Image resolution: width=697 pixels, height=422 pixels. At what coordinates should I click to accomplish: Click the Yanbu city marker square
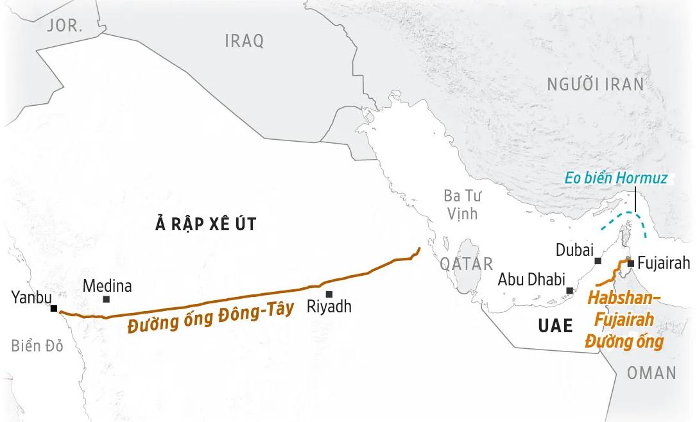coord(54,308)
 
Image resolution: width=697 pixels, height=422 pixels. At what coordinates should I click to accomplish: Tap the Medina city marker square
coord(106,299)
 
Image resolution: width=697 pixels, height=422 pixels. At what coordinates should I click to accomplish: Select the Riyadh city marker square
coord(329,294)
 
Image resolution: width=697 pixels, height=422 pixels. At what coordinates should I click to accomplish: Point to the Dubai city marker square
coord(598,260)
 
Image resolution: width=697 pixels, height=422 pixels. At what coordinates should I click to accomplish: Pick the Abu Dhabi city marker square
coord(569,291)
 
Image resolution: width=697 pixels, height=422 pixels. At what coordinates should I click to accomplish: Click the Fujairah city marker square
coord(631,263)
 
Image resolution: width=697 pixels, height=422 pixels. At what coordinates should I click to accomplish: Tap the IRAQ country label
coord(244,41)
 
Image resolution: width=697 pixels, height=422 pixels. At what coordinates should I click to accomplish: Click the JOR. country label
coord(65,26)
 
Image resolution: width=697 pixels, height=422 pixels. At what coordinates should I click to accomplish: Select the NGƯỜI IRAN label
coord(595,84)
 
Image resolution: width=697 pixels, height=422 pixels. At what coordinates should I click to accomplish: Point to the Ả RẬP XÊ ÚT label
coord(206,223)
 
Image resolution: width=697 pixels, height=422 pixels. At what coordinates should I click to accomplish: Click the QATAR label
coord(467,263)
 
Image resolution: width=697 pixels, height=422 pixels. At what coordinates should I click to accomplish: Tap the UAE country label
coord(555,326)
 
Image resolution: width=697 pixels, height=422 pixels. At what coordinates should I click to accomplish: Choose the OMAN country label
coord(651,373)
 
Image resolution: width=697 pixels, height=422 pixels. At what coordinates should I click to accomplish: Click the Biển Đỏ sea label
coord(37,346)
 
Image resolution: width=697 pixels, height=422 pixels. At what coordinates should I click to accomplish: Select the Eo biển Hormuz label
coord(616,178)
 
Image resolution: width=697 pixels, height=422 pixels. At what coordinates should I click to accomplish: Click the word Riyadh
coord(329,307)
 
